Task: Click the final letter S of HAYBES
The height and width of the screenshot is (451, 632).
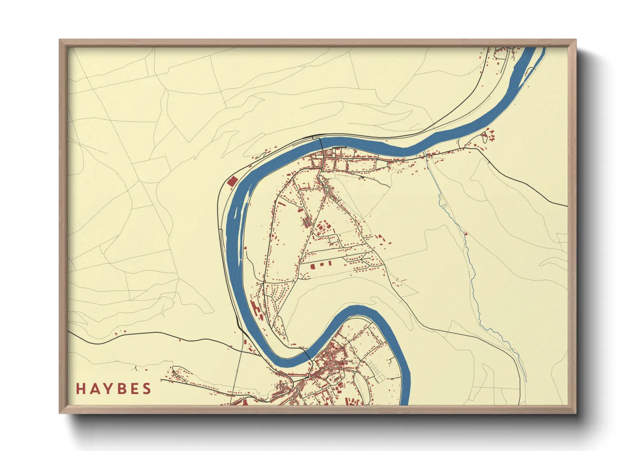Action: [x=146, y=389]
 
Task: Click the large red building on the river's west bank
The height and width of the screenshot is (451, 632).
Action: [x=232, y=181]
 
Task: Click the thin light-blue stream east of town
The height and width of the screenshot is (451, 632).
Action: [x=470, y=264]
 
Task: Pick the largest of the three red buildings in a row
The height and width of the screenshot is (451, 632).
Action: [x=312, y=266]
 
